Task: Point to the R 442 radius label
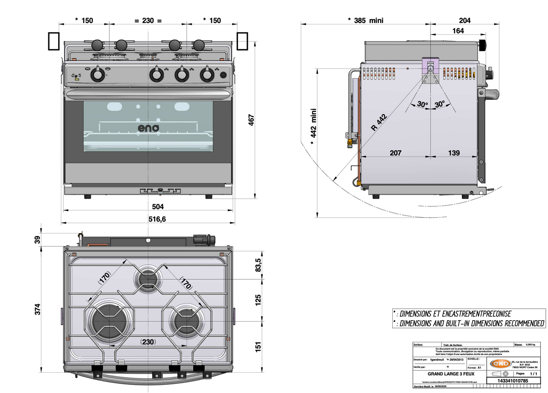pyautogui.click(x=379, y=123)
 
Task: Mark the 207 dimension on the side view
pyautogui.click(x=395, y=153)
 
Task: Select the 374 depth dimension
pyautogui.click(x=38, y=309)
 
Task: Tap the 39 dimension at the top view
pyautogui.click(x=38, y=239)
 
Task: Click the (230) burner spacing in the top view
pyautogui.click(x=148, y=342)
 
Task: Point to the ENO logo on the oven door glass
pyautogui.click(x=149, y=128)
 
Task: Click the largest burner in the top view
pyautogui.click(x=107, y=321)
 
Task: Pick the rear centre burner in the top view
pyautogui.click(x=149, y=279)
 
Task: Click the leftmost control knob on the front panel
pyautogui.click(x=97, y=75)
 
